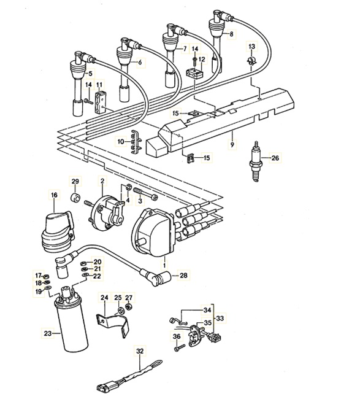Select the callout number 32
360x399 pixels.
tap(140, 352)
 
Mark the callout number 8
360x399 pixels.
tap(231, 35)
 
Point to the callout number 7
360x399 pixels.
tap(184, 48)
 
